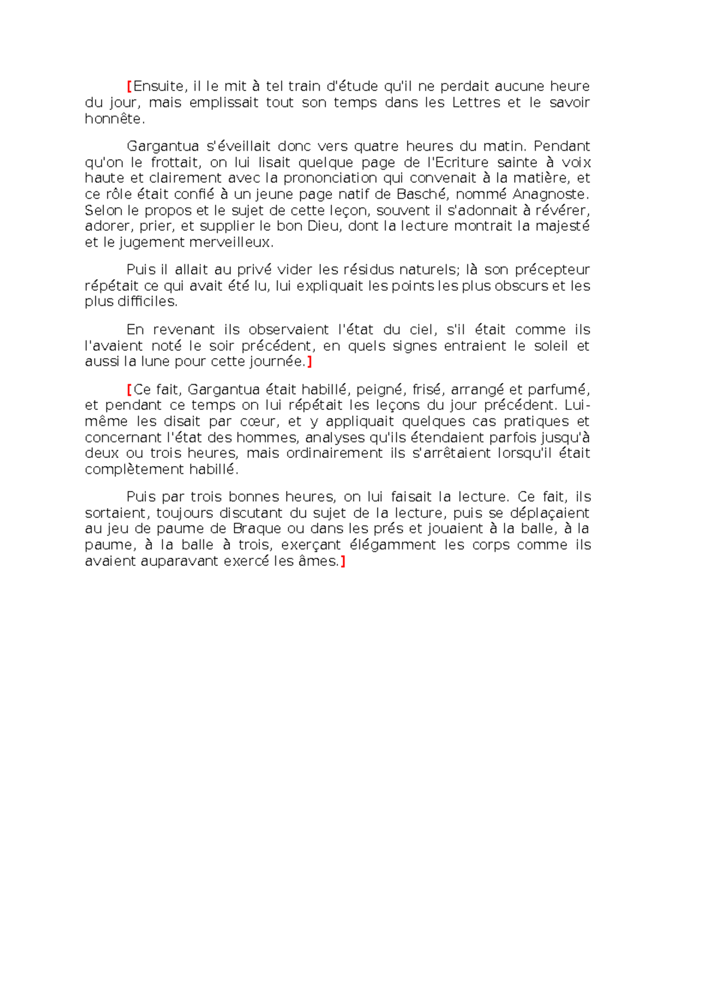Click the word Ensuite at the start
point(158,86)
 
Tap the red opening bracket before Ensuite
point(129,86)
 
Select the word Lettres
point(476,103)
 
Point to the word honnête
point(113,119)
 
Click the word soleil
point(551,346)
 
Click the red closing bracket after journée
point(309,362)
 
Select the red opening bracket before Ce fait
point(129,390)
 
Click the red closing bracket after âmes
point(343,561)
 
